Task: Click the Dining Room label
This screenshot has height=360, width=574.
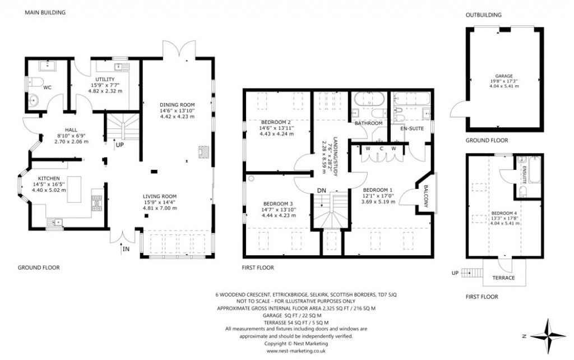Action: coord(177,105)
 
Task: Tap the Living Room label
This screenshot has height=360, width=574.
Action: coord(160,196)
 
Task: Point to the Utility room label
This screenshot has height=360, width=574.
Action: coord(105,80)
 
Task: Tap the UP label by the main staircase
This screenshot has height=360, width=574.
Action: coord(120,144)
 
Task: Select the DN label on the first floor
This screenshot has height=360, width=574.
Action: coord(321,191)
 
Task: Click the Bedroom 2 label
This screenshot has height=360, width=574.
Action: coord(276,122)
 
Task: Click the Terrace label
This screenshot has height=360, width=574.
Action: coord(503,278)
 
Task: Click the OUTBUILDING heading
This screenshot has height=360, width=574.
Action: coord(483,15)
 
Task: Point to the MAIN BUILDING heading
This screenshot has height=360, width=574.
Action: coord(45,12)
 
